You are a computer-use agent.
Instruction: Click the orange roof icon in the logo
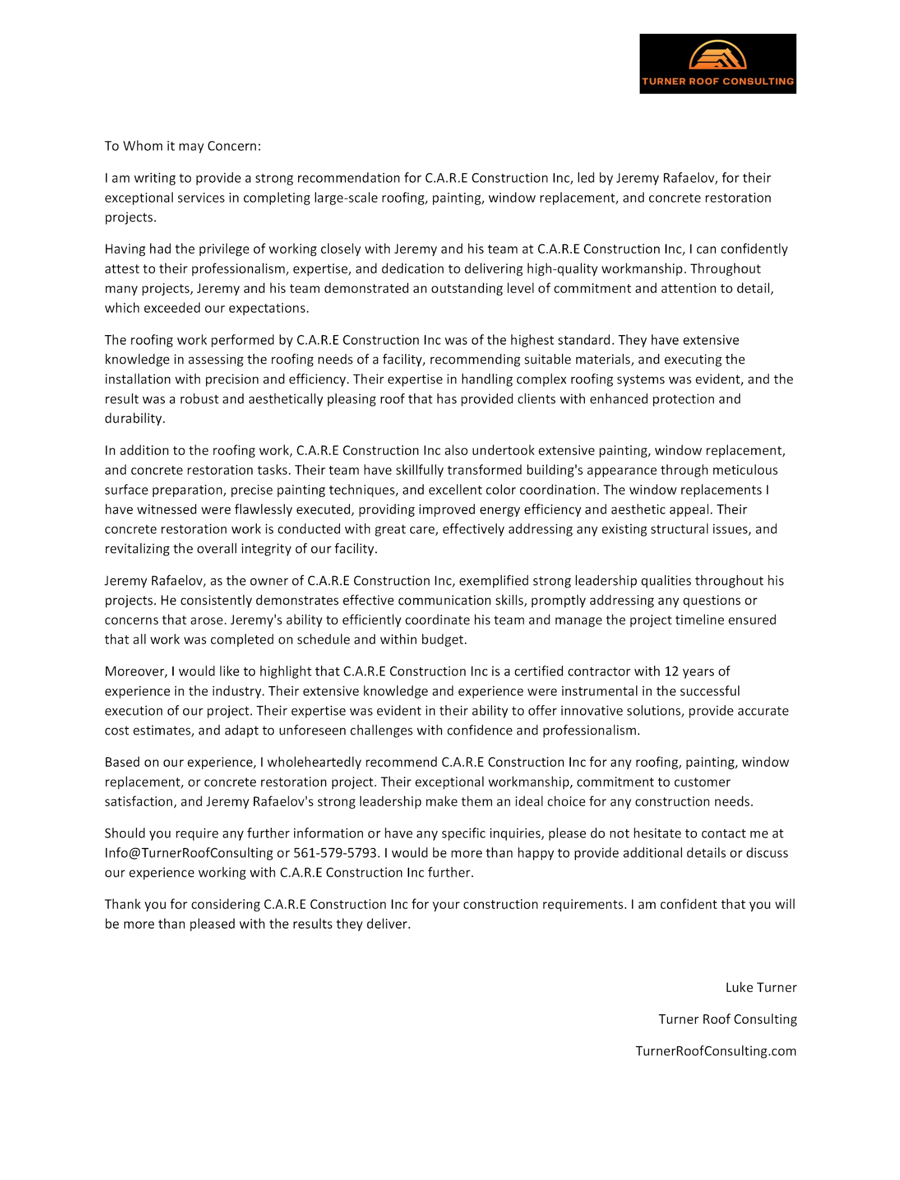[717, 56]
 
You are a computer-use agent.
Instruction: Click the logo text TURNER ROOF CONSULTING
[717, 82]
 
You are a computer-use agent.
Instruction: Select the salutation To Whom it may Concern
[183, 146]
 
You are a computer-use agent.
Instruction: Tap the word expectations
[268, 308]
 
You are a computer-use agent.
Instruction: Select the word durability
[134, 419]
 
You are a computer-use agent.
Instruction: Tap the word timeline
[697, 620]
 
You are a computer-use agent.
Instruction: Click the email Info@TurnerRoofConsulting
[189, 853]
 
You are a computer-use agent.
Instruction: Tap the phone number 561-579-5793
[336, 853]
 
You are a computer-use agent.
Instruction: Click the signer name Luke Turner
[761, 988]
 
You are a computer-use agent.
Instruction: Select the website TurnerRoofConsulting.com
[716, 1051]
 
